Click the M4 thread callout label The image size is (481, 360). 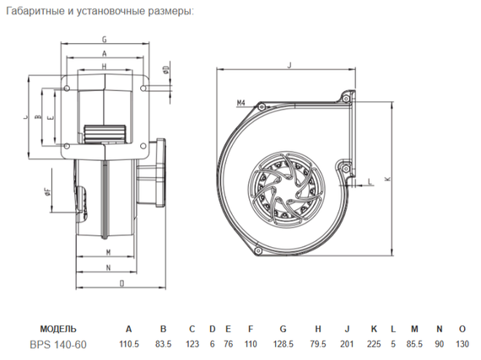point(240,103)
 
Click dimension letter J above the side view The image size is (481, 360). point(289,64)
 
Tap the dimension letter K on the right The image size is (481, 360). point(387,179)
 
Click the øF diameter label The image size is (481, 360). point(47,192)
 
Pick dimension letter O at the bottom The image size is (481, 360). point(122,283)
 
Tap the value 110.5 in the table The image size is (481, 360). point(128,344)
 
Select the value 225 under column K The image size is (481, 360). point(374,344)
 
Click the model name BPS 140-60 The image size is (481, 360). point(57,344)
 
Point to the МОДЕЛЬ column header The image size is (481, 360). point(58,328)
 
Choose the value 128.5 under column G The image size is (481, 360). point(284,344)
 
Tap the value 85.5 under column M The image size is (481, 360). point(415,344)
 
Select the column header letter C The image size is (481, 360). point(192,328)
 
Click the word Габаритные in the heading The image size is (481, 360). point(40,12)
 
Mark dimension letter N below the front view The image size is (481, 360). point(108,267)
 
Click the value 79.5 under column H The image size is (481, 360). point(318,344)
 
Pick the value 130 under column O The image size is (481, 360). point(462,344)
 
